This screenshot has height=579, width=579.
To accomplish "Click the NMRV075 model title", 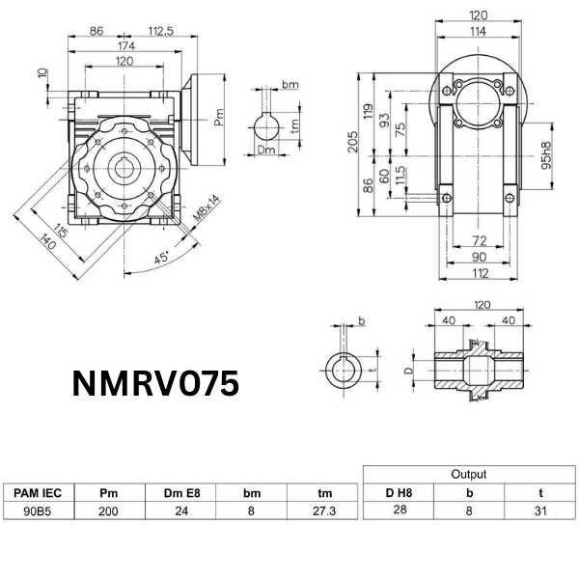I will pyautogui.click(x=155, y=384).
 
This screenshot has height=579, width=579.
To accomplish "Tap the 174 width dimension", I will pyautogui.click(x=126, y=46).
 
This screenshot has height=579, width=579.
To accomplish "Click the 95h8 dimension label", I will pyautogui.click(x=546, y=154).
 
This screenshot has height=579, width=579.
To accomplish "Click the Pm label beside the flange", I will pyautogui.click(x=219, y=119).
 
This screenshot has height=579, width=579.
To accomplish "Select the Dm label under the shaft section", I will pyautogui.click(x=265, y=151).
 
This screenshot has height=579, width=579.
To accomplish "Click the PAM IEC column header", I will pyautogui.click(x=38, y=493).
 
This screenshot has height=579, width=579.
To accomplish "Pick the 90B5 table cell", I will pyautogui.click(x=38, y=511).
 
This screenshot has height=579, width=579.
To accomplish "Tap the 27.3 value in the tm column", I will pyautogui.click(x=324, y=511).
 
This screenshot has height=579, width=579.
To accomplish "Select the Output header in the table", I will pyautogui.click(x=469, y=474).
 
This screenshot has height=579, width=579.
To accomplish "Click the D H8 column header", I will pyautogui.click(x=397, y=493).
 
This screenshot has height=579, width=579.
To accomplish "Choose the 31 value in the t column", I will pyautogui.click(x=541, y=511).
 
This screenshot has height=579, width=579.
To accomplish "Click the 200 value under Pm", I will pyautogui.click(x=108, y=511).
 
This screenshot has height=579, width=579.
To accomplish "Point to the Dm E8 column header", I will pyautogui.click(x=179, y=493).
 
